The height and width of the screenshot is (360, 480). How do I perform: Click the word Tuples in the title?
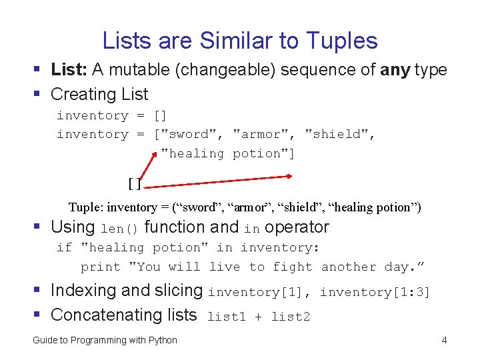(x=343, y=41)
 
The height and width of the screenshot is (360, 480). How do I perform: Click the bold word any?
(x=395, y=69)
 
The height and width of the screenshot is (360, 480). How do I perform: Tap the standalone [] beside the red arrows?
(x=134, y=183)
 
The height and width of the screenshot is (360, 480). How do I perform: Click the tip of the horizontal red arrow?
(x=291, y=176)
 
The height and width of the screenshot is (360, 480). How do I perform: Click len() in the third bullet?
(x=119, y=229)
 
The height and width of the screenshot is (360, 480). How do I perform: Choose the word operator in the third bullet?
(x=297, y=227)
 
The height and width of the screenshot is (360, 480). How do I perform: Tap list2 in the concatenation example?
(x=291, y=317)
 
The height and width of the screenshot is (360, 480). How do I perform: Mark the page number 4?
(x=444, y=341)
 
